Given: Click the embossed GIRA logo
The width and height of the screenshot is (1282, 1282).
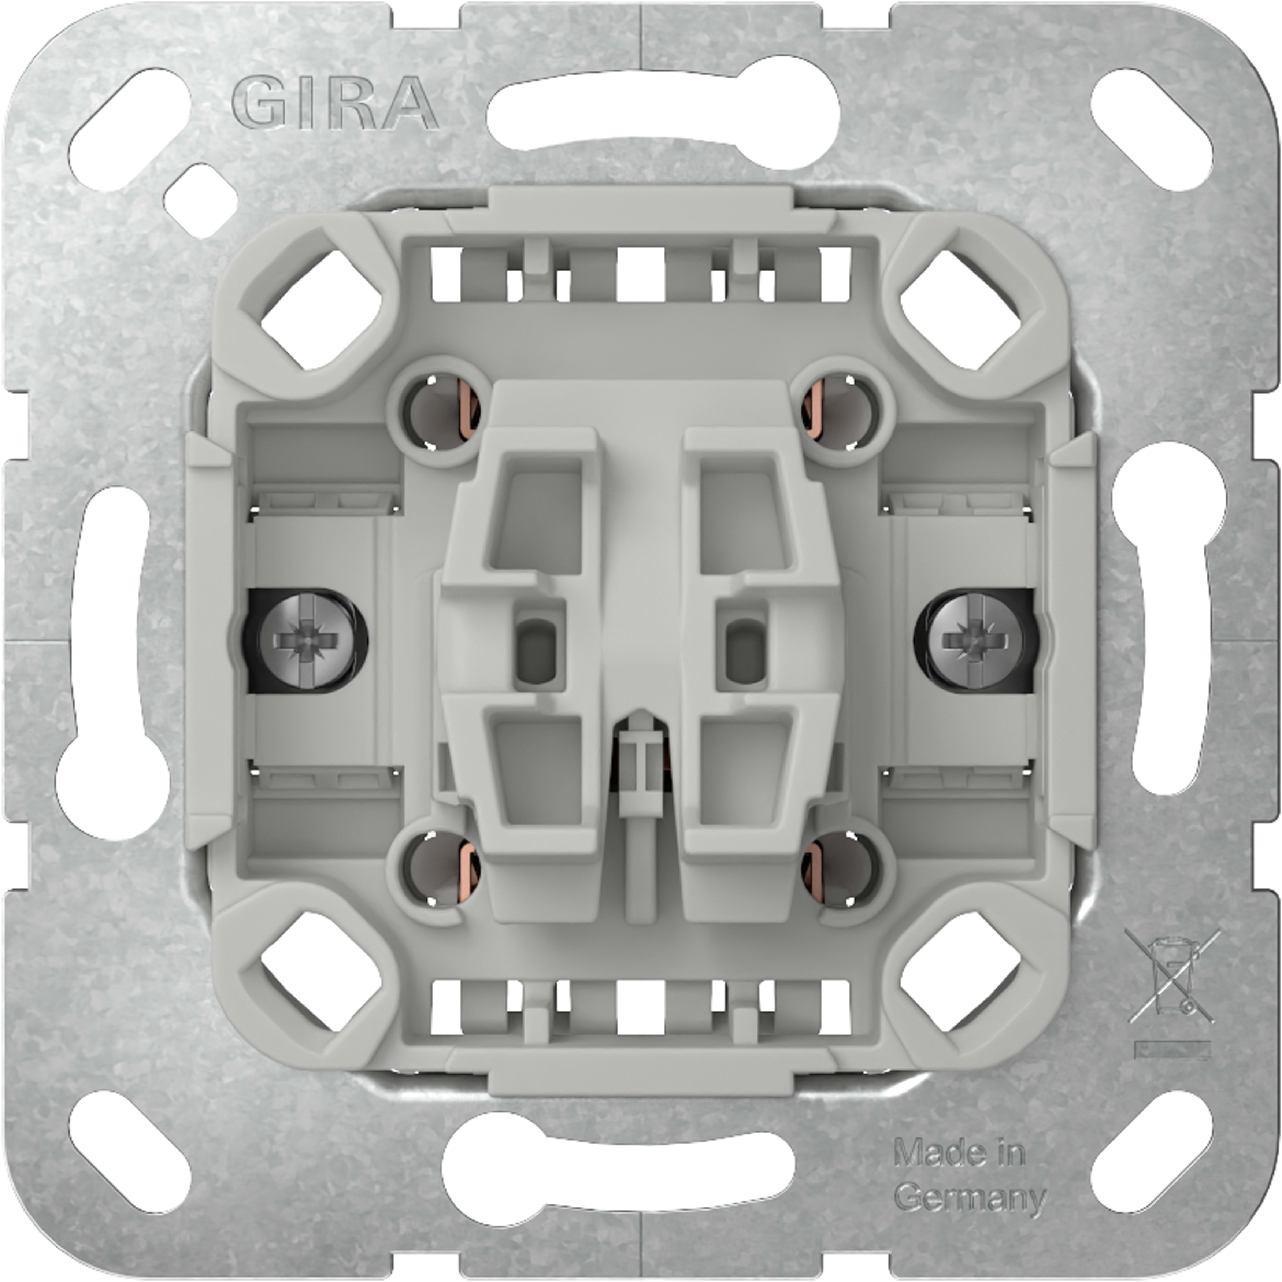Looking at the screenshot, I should [x=335, y=103].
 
